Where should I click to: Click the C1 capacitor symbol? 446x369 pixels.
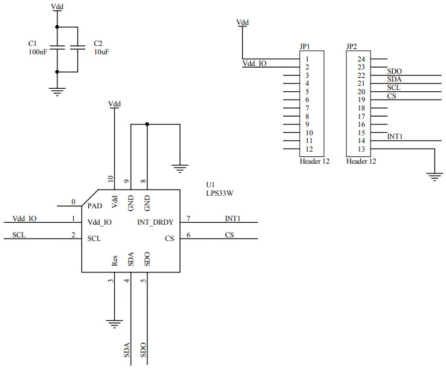[x=57, y=48]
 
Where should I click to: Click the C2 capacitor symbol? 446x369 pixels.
[x=78, y=48]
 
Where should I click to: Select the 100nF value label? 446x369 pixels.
[x=37, y=53]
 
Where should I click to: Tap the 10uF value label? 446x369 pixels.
[x=101, y=53]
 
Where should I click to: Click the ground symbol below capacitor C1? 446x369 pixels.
[x=57, y=91]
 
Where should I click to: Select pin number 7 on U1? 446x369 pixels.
[x=189, y=218]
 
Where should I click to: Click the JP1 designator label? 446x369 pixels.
[x=305, y=47]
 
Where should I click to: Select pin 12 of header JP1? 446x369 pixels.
[x=309, y=149]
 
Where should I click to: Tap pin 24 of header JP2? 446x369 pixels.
[x=361, y=59]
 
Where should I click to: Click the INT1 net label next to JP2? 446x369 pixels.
[x=395, y=137]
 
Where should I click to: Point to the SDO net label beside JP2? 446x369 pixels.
[x=395, y=71]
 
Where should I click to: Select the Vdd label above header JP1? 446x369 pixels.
[x=242, y=22]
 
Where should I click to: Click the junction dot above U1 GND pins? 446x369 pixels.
[x=147, y=124]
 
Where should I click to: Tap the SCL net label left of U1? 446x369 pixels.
[x=19, y=235]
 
